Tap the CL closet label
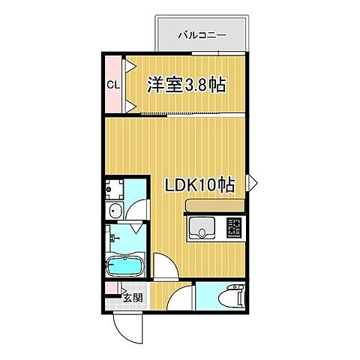click(x=112, y=84)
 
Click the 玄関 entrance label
click(x=132, y=298)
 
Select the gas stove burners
click(x=235, y=226)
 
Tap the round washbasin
click(x=115, y=209)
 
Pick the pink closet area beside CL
click(x=112, y=67)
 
